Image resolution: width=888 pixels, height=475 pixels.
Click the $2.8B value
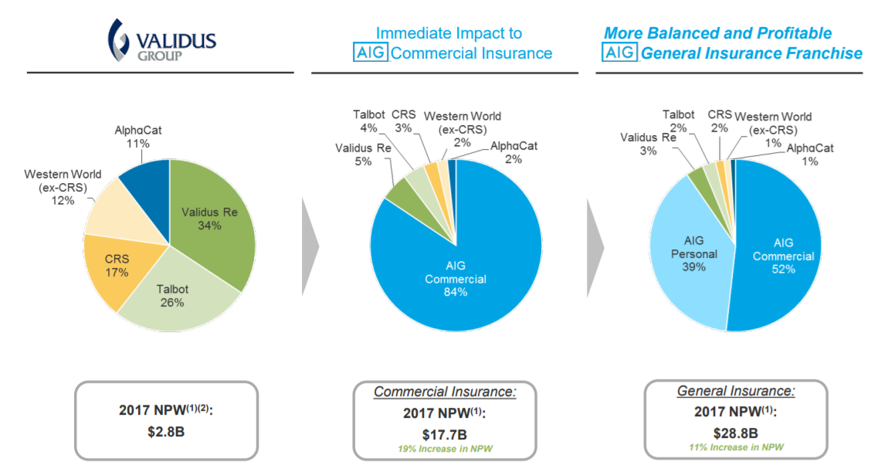pos(166,432)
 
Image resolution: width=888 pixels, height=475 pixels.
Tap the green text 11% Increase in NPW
pos(735,447)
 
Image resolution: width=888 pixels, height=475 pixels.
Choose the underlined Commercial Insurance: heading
pos(445,392)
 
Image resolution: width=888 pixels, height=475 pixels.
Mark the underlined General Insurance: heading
pos(735,391)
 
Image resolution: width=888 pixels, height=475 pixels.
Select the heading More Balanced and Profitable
pos(717,33)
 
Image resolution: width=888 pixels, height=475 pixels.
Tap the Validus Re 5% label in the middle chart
pos(353,154)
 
